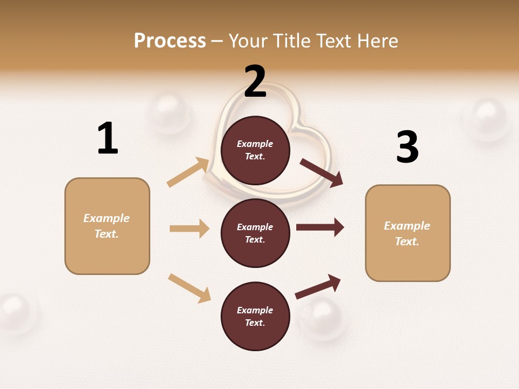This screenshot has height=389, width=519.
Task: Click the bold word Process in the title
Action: [x=170, y=41]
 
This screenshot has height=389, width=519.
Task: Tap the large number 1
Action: [x=108, y=138]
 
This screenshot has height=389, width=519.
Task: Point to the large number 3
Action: [x=408, y=147]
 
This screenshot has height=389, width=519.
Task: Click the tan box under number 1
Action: [x=107, y=226]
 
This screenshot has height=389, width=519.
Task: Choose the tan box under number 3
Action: [x=408, y=233]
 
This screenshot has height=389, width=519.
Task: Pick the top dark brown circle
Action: [x=255, y=150]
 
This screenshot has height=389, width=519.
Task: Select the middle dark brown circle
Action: [x=255, y=233]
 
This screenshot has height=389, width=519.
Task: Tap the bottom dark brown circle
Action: [x=255, y=316]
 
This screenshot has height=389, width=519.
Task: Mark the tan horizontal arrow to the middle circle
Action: [x=189, y=229]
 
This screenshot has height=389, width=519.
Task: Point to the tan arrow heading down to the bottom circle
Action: [x=189, y=287]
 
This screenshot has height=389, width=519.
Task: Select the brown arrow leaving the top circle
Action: [x=322, y=172]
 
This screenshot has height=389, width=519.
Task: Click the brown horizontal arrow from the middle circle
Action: [x=320, y=227]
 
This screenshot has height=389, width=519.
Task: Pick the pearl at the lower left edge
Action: [x=16, y=311]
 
